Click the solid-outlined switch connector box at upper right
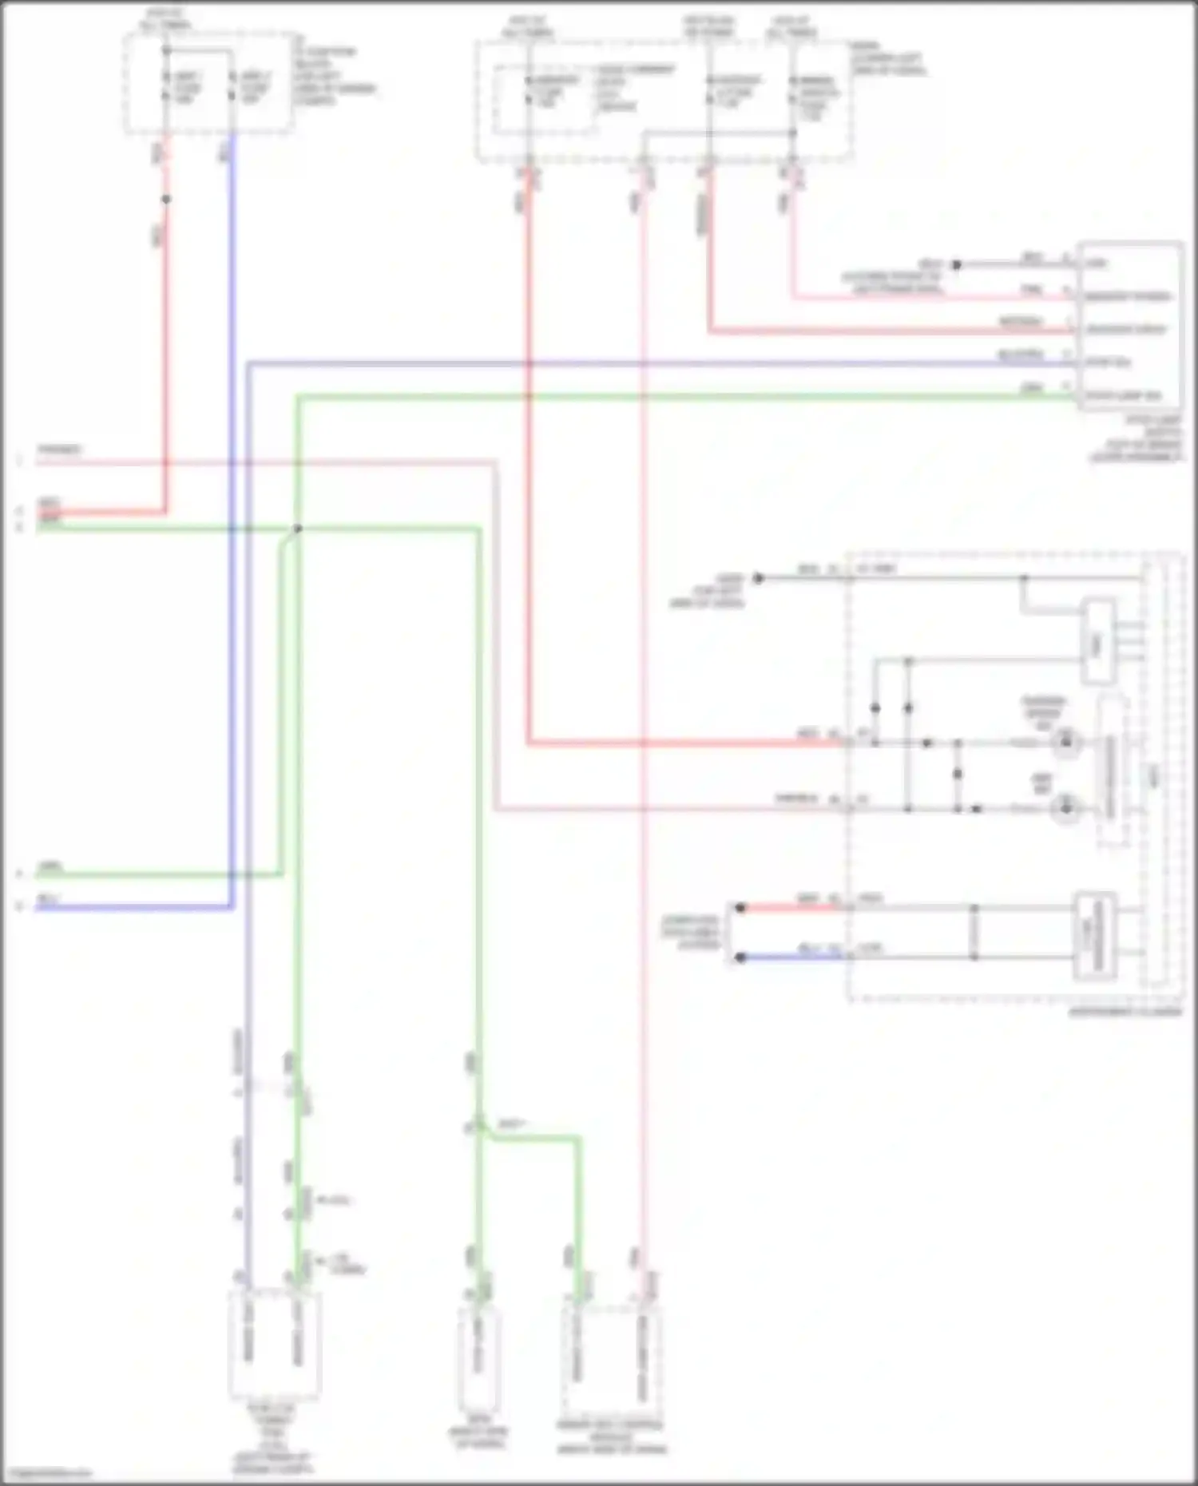pos(1129,326)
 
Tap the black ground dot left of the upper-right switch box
pos(956,264)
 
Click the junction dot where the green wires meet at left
pos(297,529)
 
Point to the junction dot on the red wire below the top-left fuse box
pos(166,199)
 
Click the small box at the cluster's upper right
pos(1098,641)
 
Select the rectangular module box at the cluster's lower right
pos(1094,936)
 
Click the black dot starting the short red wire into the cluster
pos(740,908)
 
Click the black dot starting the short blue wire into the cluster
pos(740,957)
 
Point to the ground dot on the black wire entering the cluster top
pos(759,578)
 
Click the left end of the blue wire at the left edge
pos(38,908)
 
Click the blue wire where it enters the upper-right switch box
pos(1074,363)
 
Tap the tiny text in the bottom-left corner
pos(46,1473)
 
